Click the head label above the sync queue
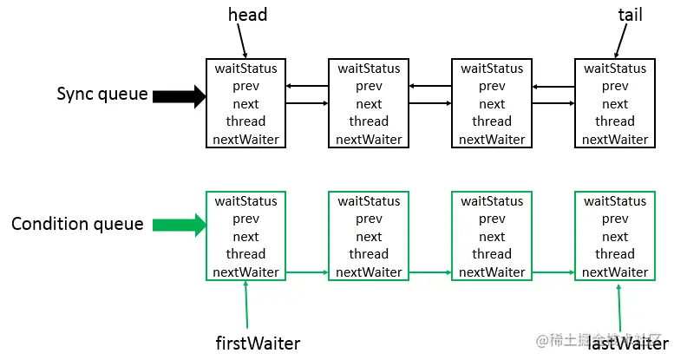tap(247, 15)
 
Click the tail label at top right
tap(630, 15)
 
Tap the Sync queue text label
tap(102, 94)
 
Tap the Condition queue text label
tap(77, 224)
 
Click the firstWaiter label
tap(257, 344)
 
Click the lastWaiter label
tap(628, 344)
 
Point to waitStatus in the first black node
tap(245, 68)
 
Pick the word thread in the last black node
tap(615, 121)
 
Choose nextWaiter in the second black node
tap(369, 140)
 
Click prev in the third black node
tap(492, 86)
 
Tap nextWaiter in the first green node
tap(245, 272)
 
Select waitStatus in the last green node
tap(615, 201)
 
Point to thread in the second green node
tap(369, 254)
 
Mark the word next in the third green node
tap(492, 237)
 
